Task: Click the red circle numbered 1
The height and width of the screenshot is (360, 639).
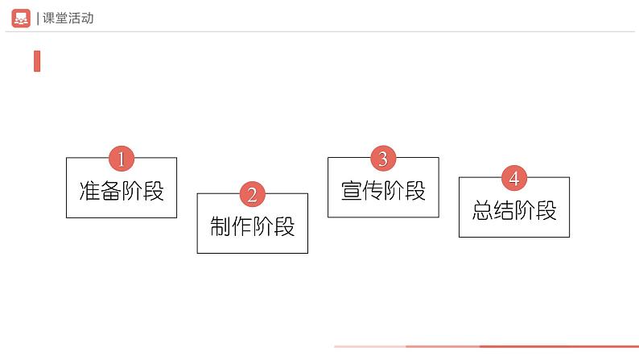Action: point(122,159)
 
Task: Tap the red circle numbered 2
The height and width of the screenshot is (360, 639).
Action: point(252,195)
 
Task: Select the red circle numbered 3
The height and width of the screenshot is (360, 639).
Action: point(383,159)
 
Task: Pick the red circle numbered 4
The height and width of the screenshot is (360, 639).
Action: point(514,178)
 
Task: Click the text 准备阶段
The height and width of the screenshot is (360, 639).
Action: point(122,192)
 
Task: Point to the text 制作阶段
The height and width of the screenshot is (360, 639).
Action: point(253,226)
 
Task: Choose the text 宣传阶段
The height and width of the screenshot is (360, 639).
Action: point(383,191)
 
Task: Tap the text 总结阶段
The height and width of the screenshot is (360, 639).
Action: point(514,211)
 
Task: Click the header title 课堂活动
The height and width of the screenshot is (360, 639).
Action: point(69,18)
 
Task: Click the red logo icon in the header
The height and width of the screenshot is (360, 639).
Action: point(21,18)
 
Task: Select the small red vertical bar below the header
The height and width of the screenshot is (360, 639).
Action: point(37,61)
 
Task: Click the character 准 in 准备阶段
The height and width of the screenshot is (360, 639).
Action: point(90,192)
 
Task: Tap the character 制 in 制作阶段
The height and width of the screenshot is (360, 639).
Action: point(221,226)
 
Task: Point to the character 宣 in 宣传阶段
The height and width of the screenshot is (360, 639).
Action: point(352,191)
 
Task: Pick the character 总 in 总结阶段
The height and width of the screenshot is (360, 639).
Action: point(483,211)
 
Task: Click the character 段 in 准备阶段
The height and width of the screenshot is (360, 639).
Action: point(154,192)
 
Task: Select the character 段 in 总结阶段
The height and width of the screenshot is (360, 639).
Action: point(546,211)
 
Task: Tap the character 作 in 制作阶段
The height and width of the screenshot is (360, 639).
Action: point(242,226)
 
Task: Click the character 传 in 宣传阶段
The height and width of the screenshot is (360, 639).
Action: point(373,191)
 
